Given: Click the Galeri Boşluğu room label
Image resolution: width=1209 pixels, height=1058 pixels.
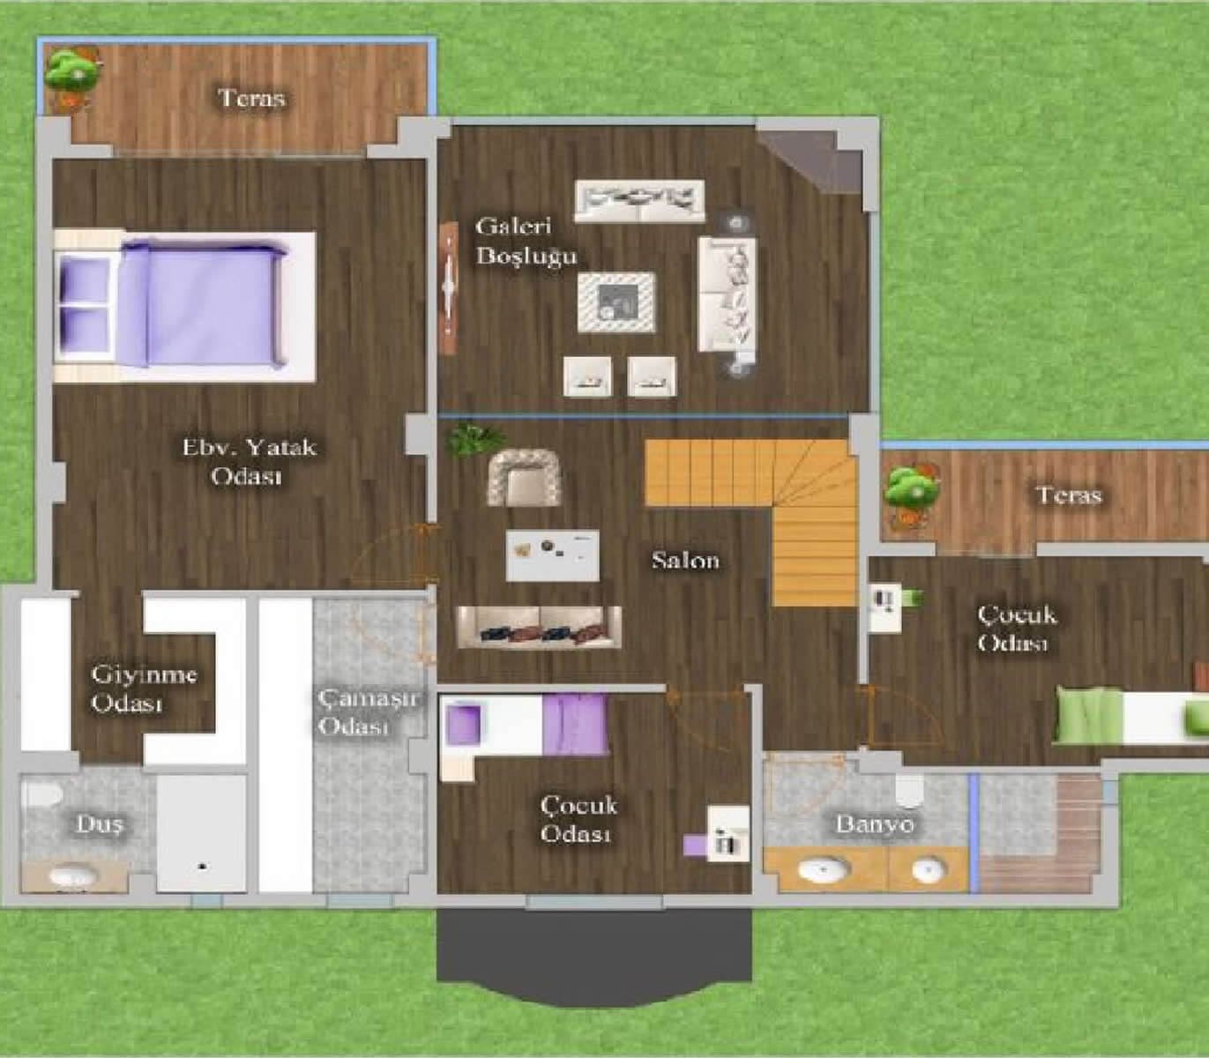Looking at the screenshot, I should pos(526,241).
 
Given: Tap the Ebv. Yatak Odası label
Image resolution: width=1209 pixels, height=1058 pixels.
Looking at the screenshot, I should pos(249,461).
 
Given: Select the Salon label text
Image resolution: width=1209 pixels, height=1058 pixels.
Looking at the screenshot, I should pos(685,560).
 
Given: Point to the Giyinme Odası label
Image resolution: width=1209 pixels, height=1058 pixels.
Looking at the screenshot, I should pos(144,689).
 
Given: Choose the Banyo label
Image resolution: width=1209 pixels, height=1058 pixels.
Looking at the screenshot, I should pos(874,825).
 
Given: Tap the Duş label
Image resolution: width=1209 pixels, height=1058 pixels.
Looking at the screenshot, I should pos(100,824).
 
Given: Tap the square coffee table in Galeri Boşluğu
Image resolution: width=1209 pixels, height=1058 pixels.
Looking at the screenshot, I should pos(616,302).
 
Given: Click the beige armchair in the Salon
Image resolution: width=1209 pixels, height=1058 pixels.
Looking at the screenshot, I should pos(526,477).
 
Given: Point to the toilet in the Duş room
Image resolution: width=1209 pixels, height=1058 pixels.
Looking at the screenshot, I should pos(41,794).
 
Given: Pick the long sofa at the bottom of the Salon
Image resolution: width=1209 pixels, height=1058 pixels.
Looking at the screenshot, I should pos(538,627).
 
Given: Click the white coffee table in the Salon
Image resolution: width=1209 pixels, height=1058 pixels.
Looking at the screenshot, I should pos(553,555).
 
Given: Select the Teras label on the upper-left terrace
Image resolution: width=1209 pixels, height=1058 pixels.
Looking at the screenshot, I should pos(252,97).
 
